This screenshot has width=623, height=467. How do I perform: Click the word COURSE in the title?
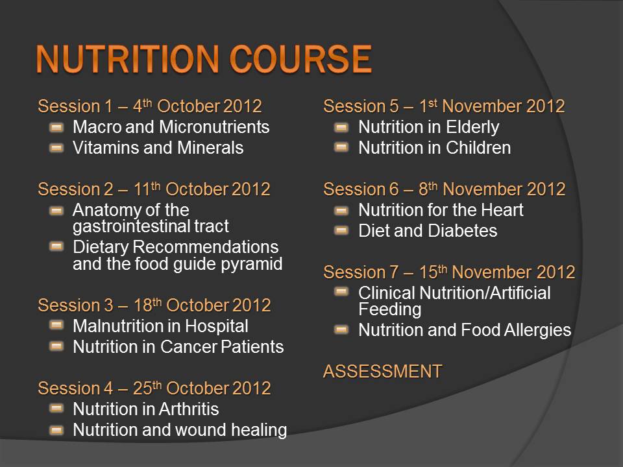[x=300, y=59]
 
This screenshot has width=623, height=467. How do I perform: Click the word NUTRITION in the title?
[x=127, y=59]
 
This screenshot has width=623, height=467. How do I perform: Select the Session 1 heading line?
[x=150, y=106]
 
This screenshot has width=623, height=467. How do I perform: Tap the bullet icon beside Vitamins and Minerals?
[x=56, y=148]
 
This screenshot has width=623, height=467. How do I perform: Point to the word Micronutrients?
[x=214, y=127]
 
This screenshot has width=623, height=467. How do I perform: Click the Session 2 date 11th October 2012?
[x=202, y=189]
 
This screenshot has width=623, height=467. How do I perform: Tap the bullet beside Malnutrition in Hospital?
[x=56, y=326]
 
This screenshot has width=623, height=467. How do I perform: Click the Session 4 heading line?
[x=154, y=389]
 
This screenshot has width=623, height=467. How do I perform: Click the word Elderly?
[x=472, y=128]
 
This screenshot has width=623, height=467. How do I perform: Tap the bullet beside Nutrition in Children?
[x=342, y=148]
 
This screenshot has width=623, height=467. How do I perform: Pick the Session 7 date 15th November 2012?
[x=497, y=272]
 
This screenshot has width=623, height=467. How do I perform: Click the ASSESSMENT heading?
[x=383, y=372]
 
